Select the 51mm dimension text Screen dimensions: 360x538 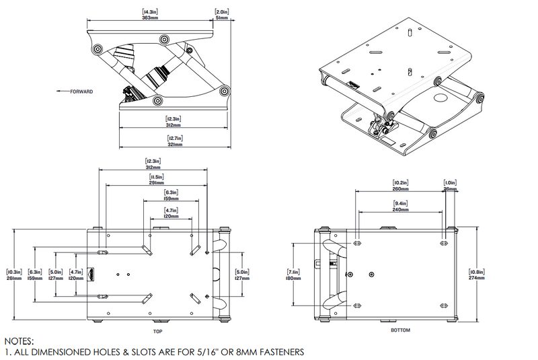tap(221, 18)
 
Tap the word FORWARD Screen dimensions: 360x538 tap(81, 92)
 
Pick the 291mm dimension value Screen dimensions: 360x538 tap(156, 182)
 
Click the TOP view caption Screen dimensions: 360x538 tap(157, 332)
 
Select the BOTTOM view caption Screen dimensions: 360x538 tap(400, 330)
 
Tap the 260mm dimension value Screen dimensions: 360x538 tap(401, 188)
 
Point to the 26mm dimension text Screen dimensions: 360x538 tap(450, 188)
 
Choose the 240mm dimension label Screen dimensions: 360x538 tap(401, 209)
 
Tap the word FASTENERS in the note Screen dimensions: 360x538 tap(277, 352)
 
